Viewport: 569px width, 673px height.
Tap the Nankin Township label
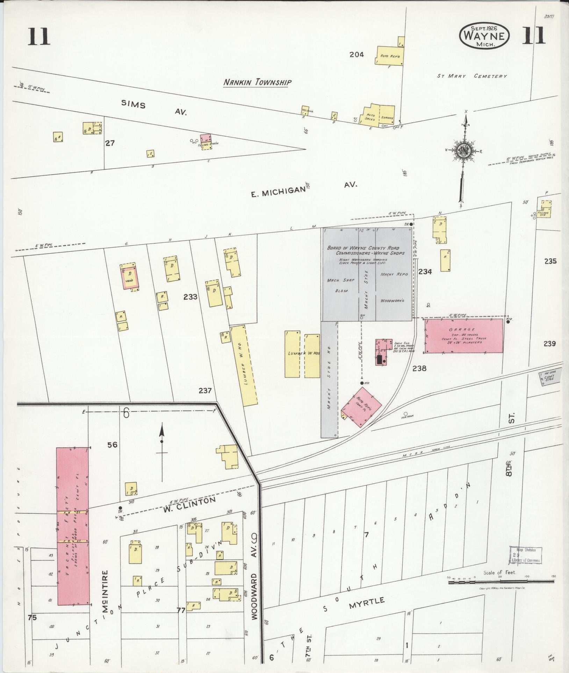click(258, 82)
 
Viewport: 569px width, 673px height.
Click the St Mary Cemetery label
click(471, 76)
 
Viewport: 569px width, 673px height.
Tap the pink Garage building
click(464, 335)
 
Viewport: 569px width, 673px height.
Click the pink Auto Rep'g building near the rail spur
click(361, 407)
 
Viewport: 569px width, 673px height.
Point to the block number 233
click(190, 297)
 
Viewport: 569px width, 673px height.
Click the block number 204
click(356, 54)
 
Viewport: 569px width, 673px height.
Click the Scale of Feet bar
click(501, 582)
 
